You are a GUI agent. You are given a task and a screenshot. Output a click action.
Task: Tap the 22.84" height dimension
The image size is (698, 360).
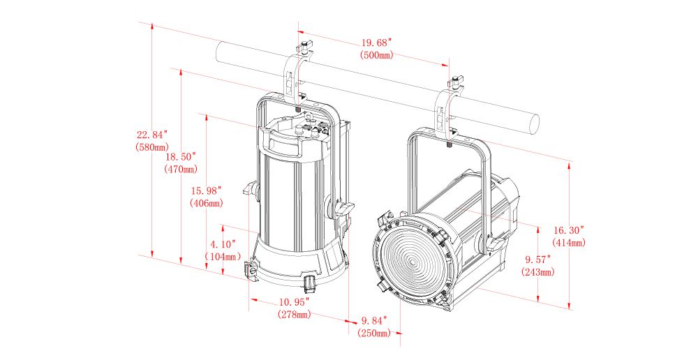pos(151,135)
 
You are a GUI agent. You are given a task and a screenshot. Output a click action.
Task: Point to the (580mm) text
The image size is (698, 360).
pos(151,147)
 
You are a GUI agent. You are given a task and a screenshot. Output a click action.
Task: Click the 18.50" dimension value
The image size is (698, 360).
pos(181,157)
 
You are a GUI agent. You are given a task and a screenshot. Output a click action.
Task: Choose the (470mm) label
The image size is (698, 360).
pos(181,170)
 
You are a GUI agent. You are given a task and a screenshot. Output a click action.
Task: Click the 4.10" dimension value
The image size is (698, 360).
pos(223,244)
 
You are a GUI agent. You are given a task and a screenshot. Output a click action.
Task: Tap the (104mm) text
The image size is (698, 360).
pos(223,257)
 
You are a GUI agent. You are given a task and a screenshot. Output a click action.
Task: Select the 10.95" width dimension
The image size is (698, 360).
pos(294,303)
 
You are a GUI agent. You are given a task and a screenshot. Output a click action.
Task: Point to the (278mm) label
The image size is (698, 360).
pos(294,315)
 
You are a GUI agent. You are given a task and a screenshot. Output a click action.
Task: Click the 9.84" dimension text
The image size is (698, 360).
pos(374,321)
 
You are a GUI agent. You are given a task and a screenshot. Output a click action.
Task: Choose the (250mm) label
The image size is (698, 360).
pos(374,333)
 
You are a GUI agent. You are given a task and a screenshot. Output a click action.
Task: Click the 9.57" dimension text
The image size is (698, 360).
pos(538,260)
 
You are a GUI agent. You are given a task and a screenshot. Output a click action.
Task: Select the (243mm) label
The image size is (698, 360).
pos(538,272)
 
